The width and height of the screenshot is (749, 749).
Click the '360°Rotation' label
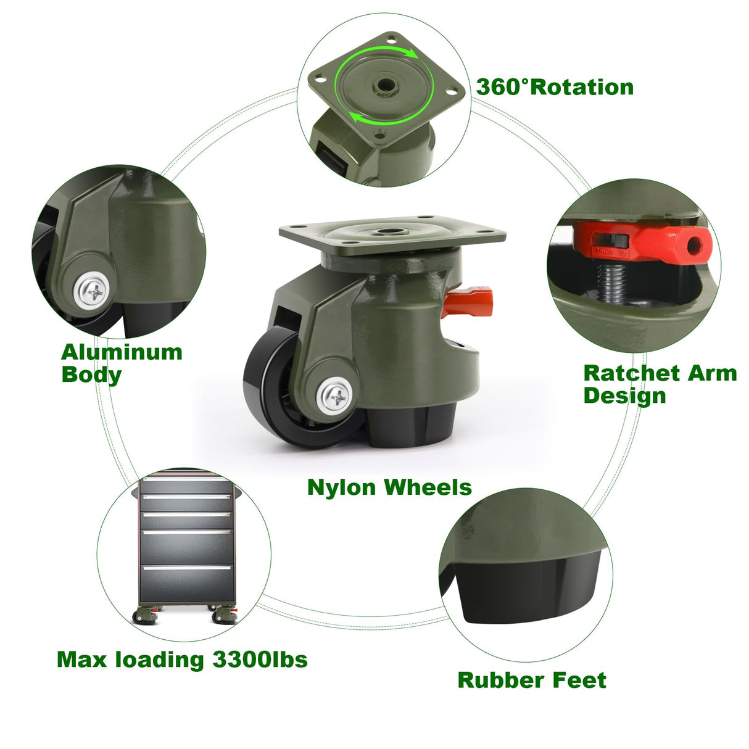(x=555, y=87)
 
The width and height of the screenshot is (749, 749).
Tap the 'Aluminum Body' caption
(x=122, y=363)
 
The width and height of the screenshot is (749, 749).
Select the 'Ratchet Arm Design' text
(x=660, y=383)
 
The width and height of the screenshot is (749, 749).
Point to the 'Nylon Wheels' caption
(x=389, y=487)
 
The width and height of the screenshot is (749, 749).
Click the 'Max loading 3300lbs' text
(x=182, y=660)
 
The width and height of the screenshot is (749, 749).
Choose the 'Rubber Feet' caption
(x=532, y=680)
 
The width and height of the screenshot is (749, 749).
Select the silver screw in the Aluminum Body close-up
(x=93, y=290)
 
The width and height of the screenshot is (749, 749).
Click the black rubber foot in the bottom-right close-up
(x=531, y=592)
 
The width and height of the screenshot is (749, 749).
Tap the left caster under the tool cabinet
(x=145, y=616)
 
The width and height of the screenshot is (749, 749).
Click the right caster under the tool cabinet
(x=223, y=615)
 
